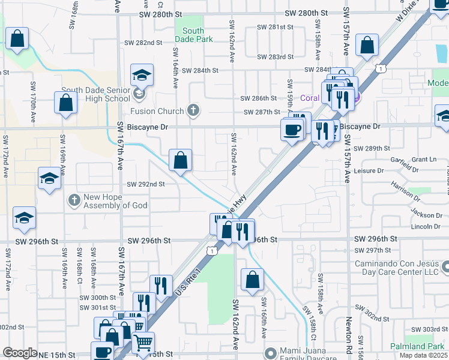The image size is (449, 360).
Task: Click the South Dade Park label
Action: coord(193,35)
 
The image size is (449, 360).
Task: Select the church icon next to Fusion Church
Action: coord(193,110)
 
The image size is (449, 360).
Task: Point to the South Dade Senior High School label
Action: coord(100,94)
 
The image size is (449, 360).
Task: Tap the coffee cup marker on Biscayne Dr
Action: coord(292,130)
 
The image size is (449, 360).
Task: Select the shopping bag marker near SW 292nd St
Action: coord(180,161)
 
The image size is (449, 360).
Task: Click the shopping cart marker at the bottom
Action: coord(143,343)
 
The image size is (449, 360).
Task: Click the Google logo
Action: coord(20,353)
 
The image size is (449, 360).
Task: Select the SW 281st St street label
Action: coord(275,27)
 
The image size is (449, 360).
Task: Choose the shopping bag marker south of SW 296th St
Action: coord(253,279)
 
